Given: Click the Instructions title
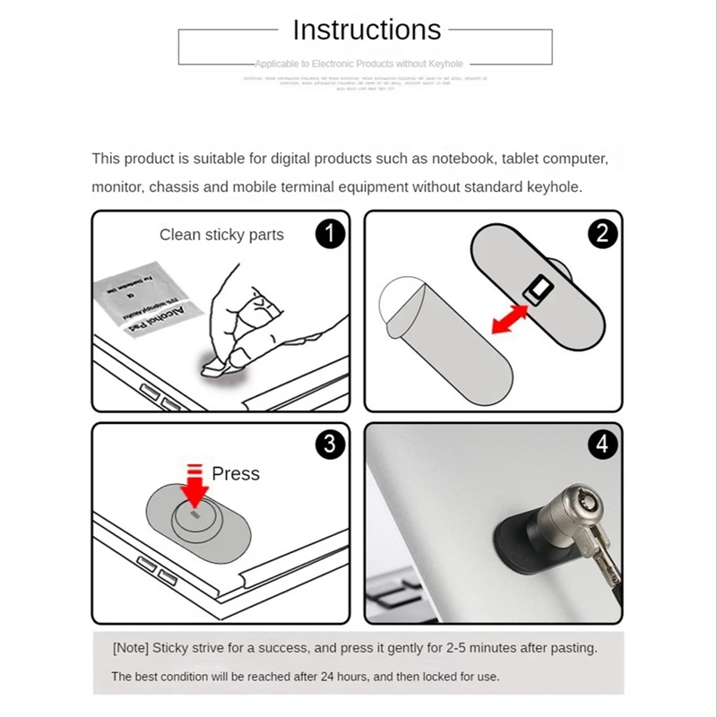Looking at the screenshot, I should [367, 30].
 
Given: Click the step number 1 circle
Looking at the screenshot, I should [330, 235].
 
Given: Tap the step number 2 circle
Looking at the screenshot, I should [601, 234].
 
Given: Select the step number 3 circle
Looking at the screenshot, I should [330, 444].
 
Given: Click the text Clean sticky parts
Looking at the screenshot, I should [221, 235].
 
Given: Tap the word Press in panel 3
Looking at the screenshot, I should [235, 473].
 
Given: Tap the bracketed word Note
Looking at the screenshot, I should [131, 647].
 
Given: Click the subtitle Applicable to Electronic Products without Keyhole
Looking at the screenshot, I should [358, 65].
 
